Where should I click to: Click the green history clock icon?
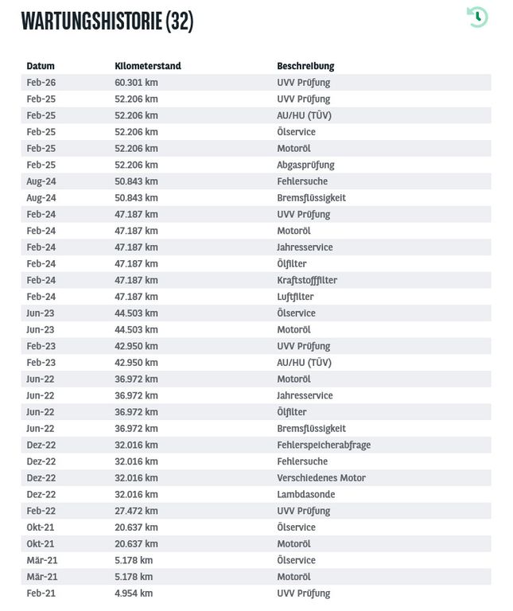pos(477,17)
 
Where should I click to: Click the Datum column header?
pos(41,66)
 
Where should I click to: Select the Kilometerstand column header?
pos(148,66)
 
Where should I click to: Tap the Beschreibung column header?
pos(305,66)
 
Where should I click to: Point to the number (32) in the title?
pos(180,21)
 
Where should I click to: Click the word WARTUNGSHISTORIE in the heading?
pos(91,21)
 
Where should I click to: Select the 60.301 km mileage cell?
pos(136,83)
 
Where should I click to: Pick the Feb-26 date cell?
pos(41,83)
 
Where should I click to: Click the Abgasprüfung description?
pos(305,165)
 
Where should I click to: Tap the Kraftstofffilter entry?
pos(307,280)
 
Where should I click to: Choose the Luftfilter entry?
pos(295,297)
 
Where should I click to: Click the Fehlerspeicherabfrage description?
pos(324,445)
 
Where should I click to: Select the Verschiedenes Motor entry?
pos(321,478)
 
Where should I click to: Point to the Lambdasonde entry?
pos(305,494)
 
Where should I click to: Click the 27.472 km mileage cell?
pos(136,511)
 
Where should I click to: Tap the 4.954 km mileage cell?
pos(134,593)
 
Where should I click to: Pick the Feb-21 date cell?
pos(41,593)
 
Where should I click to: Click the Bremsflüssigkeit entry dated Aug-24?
pos(311,198)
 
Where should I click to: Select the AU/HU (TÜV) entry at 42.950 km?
pos(304,363)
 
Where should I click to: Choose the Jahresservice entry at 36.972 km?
pos(305,395)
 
